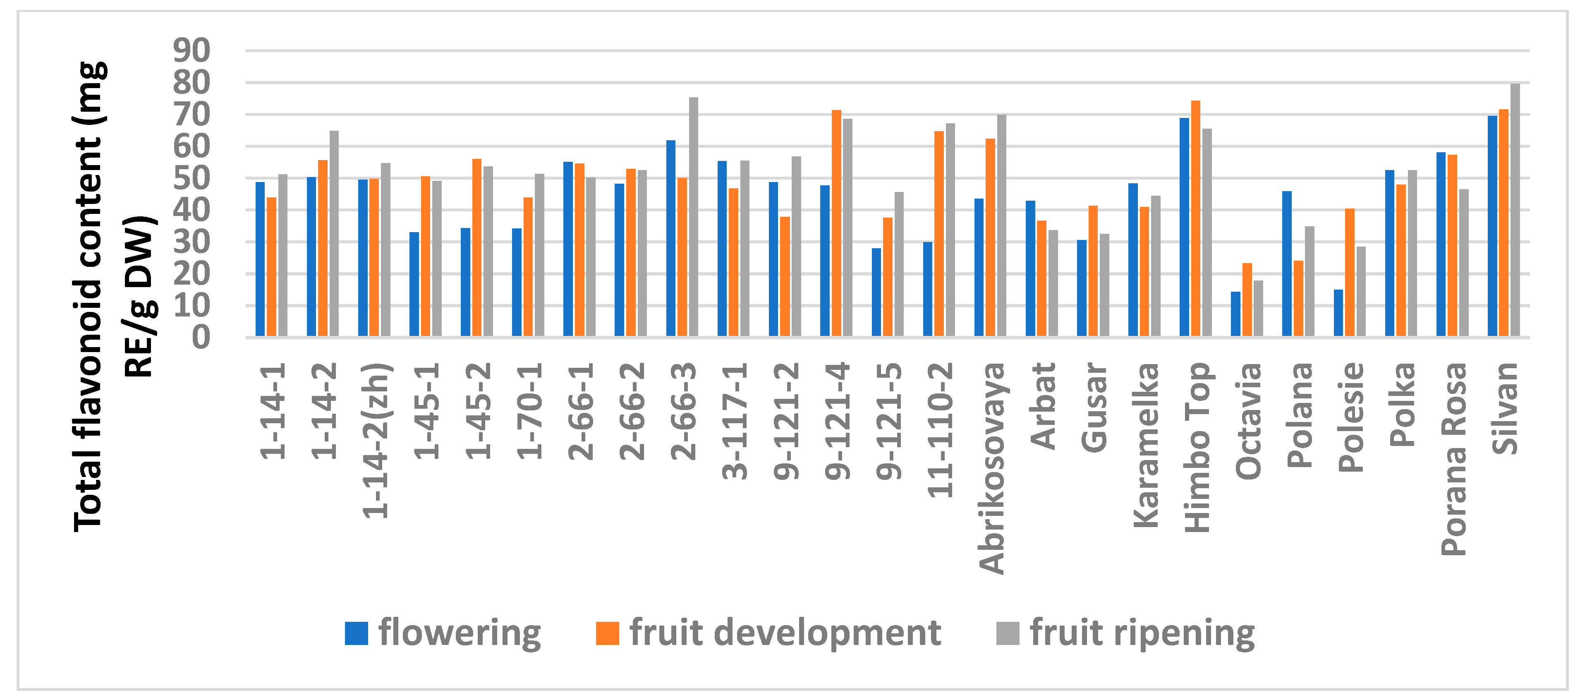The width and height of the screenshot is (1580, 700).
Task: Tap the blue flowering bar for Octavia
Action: coord(1235,314)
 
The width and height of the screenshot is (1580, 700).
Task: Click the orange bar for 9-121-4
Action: coord(836,223)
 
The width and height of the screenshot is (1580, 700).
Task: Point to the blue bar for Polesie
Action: coord(1338,313)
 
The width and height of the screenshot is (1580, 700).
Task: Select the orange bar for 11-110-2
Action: coord(939,234)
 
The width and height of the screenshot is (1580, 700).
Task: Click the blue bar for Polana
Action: coord(1287,264)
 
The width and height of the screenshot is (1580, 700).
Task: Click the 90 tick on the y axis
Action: coord(192,50)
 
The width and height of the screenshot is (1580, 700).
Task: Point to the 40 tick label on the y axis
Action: coord(192,210)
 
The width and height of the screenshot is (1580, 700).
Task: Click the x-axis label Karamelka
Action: coord(1144,445)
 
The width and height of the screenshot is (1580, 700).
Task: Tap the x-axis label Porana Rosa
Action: coord(1453,459)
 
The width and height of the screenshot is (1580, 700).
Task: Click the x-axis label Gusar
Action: coord(1093,408)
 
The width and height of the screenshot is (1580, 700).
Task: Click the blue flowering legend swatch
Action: coord(357,633)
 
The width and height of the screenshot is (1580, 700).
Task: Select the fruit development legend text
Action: coord(785,633)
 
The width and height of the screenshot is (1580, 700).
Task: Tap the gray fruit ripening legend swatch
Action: coord(1008,633)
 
